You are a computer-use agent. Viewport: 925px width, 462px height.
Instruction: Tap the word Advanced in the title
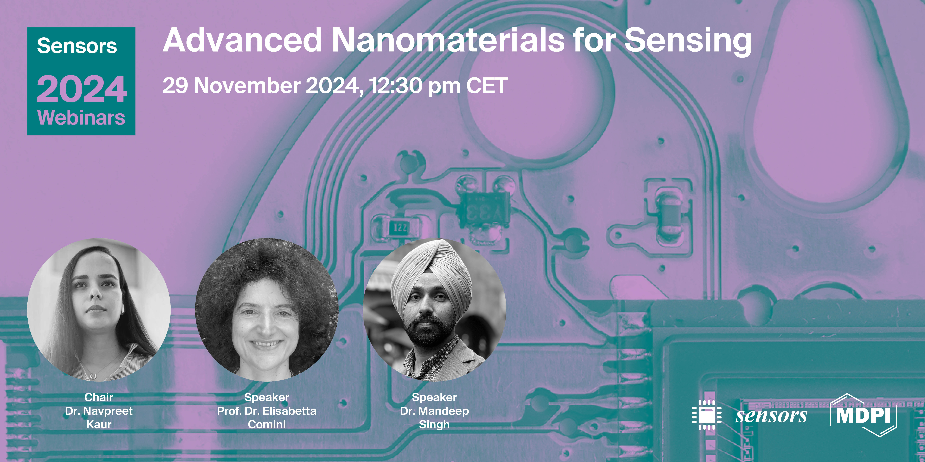click(242, 40)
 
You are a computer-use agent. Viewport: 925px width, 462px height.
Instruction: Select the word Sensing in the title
click(688, 41)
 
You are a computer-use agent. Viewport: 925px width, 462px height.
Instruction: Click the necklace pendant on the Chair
click(94, 376)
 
